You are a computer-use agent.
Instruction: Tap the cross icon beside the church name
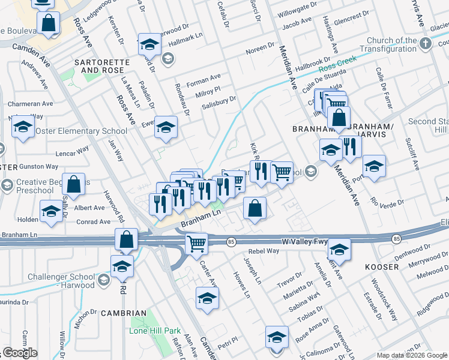[x=426, y=43]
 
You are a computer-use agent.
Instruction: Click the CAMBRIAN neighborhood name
[x=124, y=313]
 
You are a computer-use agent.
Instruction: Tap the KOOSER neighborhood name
[x=381, y=266]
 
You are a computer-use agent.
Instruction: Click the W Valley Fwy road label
[x=305, y=241]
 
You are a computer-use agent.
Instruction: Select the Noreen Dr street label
[x=260, y=51]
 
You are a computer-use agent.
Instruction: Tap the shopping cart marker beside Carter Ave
[x=196, y=244]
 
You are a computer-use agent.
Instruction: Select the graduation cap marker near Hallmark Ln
[x=149, y=44]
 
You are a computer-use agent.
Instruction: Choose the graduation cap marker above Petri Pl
[x=207, y=298]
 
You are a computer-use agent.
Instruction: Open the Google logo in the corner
[x=20, y=353]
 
